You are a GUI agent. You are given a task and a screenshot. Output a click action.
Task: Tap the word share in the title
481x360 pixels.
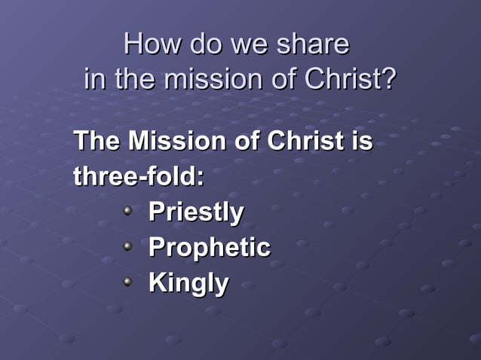[312, 44]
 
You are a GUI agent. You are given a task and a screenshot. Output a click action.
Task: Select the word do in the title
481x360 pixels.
[203, 44]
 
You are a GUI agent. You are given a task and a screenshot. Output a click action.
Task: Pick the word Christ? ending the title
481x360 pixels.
[352, 79]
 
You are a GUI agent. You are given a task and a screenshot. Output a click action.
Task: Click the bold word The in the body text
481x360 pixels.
[96, 141]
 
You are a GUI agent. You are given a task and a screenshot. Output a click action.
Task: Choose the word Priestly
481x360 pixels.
[196, 212]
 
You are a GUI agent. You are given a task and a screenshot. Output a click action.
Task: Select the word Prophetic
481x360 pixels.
[210, 248]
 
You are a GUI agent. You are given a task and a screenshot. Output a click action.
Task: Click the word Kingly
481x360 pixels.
[188, 284]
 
